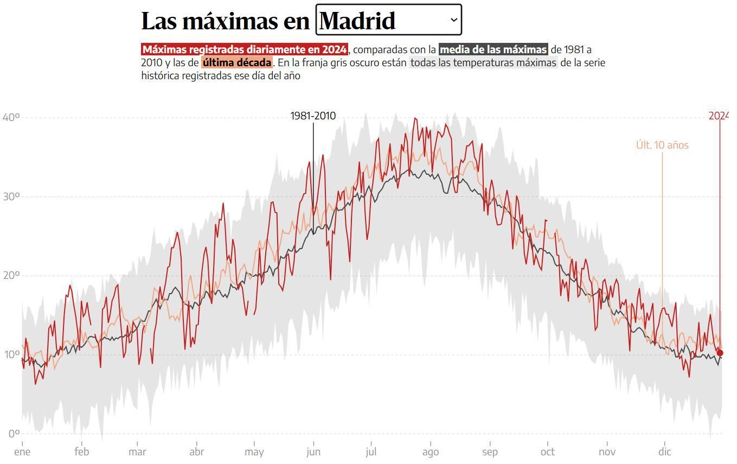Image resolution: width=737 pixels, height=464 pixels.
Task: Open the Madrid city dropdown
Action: click(388, 20)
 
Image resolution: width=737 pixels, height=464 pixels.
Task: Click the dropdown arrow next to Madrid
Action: click(453, 20)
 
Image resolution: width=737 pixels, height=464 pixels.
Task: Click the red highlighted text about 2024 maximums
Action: click(245, 49)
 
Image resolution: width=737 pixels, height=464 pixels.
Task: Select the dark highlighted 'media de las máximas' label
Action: click(493, 49)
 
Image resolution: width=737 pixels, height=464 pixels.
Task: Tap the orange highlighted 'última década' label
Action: click(237, 62)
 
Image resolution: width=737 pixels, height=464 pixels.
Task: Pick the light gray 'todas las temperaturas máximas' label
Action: click(483, 62)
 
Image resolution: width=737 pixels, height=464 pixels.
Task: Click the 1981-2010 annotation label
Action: click(313, 116)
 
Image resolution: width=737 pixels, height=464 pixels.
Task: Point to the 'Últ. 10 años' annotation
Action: click(662, 145)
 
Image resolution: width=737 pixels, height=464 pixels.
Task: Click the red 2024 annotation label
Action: click(718, 116)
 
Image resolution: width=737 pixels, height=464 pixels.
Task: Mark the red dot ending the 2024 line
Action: click(720, 353)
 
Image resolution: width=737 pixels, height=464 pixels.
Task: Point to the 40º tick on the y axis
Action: click(11, 117)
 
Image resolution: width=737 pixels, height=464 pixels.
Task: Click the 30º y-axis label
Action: click(11, 196)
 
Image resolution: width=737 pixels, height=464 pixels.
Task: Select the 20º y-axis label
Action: click(11, 275)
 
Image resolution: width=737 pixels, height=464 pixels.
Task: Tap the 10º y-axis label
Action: click(11, 354)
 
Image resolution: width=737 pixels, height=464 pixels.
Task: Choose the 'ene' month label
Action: click(22, 452)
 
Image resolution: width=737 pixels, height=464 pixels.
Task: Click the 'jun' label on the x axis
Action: click(313, 452)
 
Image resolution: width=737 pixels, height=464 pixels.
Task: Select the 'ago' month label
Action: click(430, 452)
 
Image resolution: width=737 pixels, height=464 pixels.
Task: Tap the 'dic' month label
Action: click(664, 452)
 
